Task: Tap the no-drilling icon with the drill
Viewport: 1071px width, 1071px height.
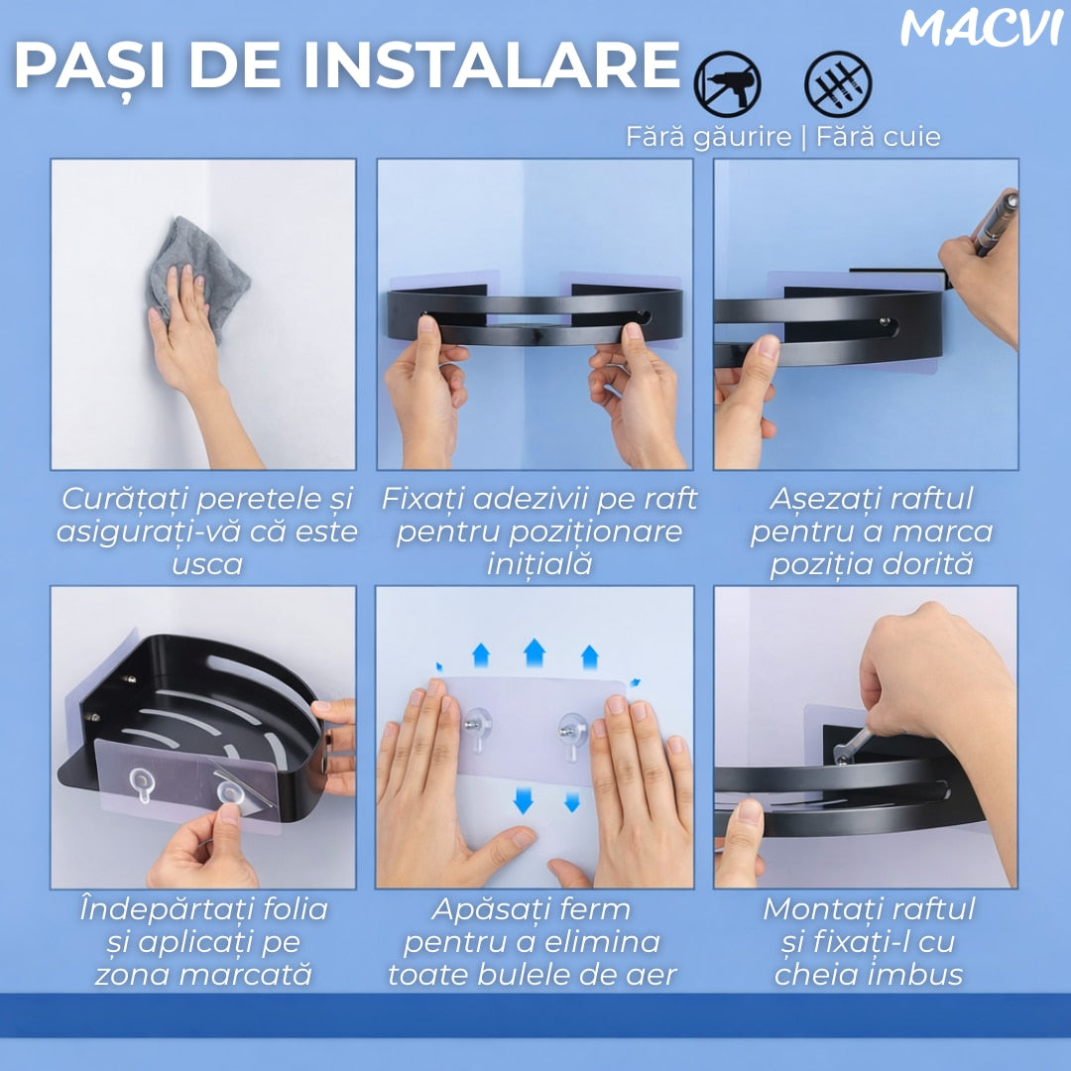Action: [x=728, y=84]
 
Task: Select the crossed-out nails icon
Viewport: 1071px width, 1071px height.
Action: [x=838, y=84]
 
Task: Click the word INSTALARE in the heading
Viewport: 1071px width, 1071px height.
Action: [x=491, y=65]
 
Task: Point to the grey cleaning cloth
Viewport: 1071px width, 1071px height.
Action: [x=198, y=274]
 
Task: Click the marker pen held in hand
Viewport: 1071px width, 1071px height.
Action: [x=997, y=223]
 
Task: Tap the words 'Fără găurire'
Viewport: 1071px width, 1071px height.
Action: [x=709, y=137]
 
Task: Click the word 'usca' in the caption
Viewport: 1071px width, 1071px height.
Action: [x=207, y=565]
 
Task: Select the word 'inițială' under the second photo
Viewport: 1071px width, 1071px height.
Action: [x=538, y=565]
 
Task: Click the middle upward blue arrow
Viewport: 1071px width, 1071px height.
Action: [x=535, y=653]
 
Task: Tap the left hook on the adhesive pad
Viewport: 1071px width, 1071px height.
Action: [x=477, y=728]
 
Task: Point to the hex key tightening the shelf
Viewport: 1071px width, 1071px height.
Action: [x=851, y=747]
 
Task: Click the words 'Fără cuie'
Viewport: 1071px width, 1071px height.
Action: [x=879, y=137]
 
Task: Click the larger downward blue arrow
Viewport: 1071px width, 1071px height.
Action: [x=524, y=800]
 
